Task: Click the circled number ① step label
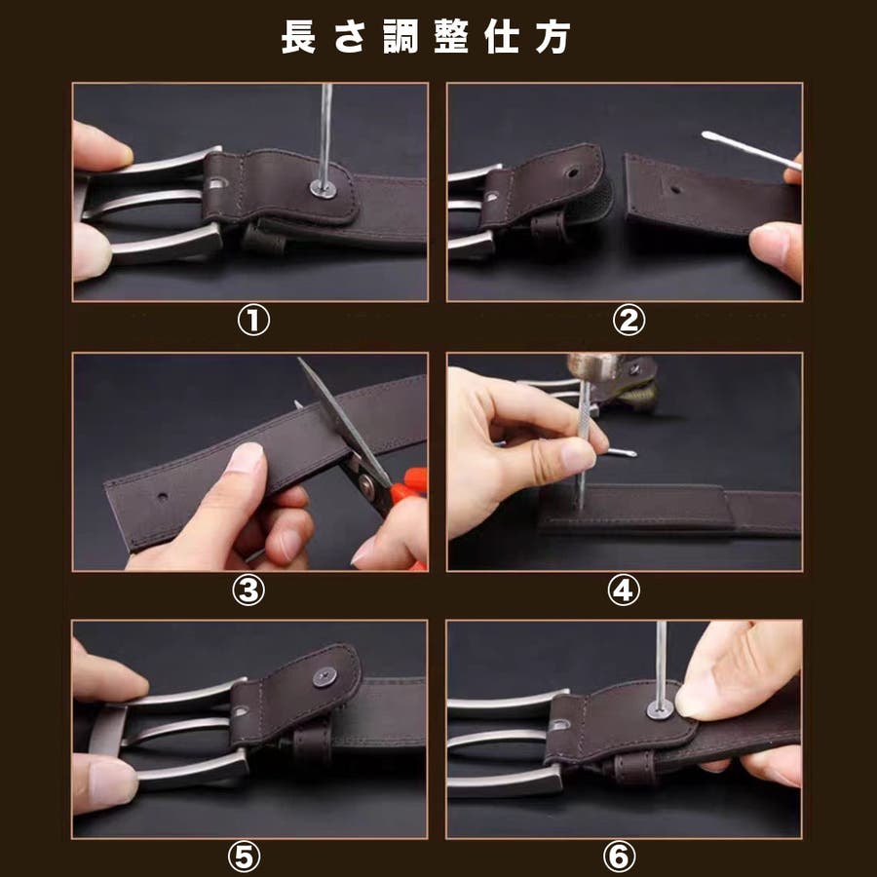coord(253,321)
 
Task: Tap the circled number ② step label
coord(629,321)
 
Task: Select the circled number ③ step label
coord(248,591)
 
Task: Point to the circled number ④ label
coord(624,591)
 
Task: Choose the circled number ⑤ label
coord(244,858)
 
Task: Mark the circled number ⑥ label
coord(619,858)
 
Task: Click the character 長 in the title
coord(298,37)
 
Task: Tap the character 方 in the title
coord(553,37)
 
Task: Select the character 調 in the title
coord(400,37)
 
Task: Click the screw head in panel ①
coord(324,188)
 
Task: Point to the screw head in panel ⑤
coord(324,677)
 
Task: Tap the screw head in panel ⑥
coord(660,709)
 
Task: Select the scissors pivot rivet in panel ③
coord(367,484)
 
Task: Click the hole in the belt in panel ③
coord(162,496)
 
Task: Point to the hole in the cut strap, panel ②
coord(675,189)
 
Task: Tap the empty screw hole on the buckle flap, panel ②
coord(572,172)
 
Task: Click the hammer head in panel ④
coord(591,364)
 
